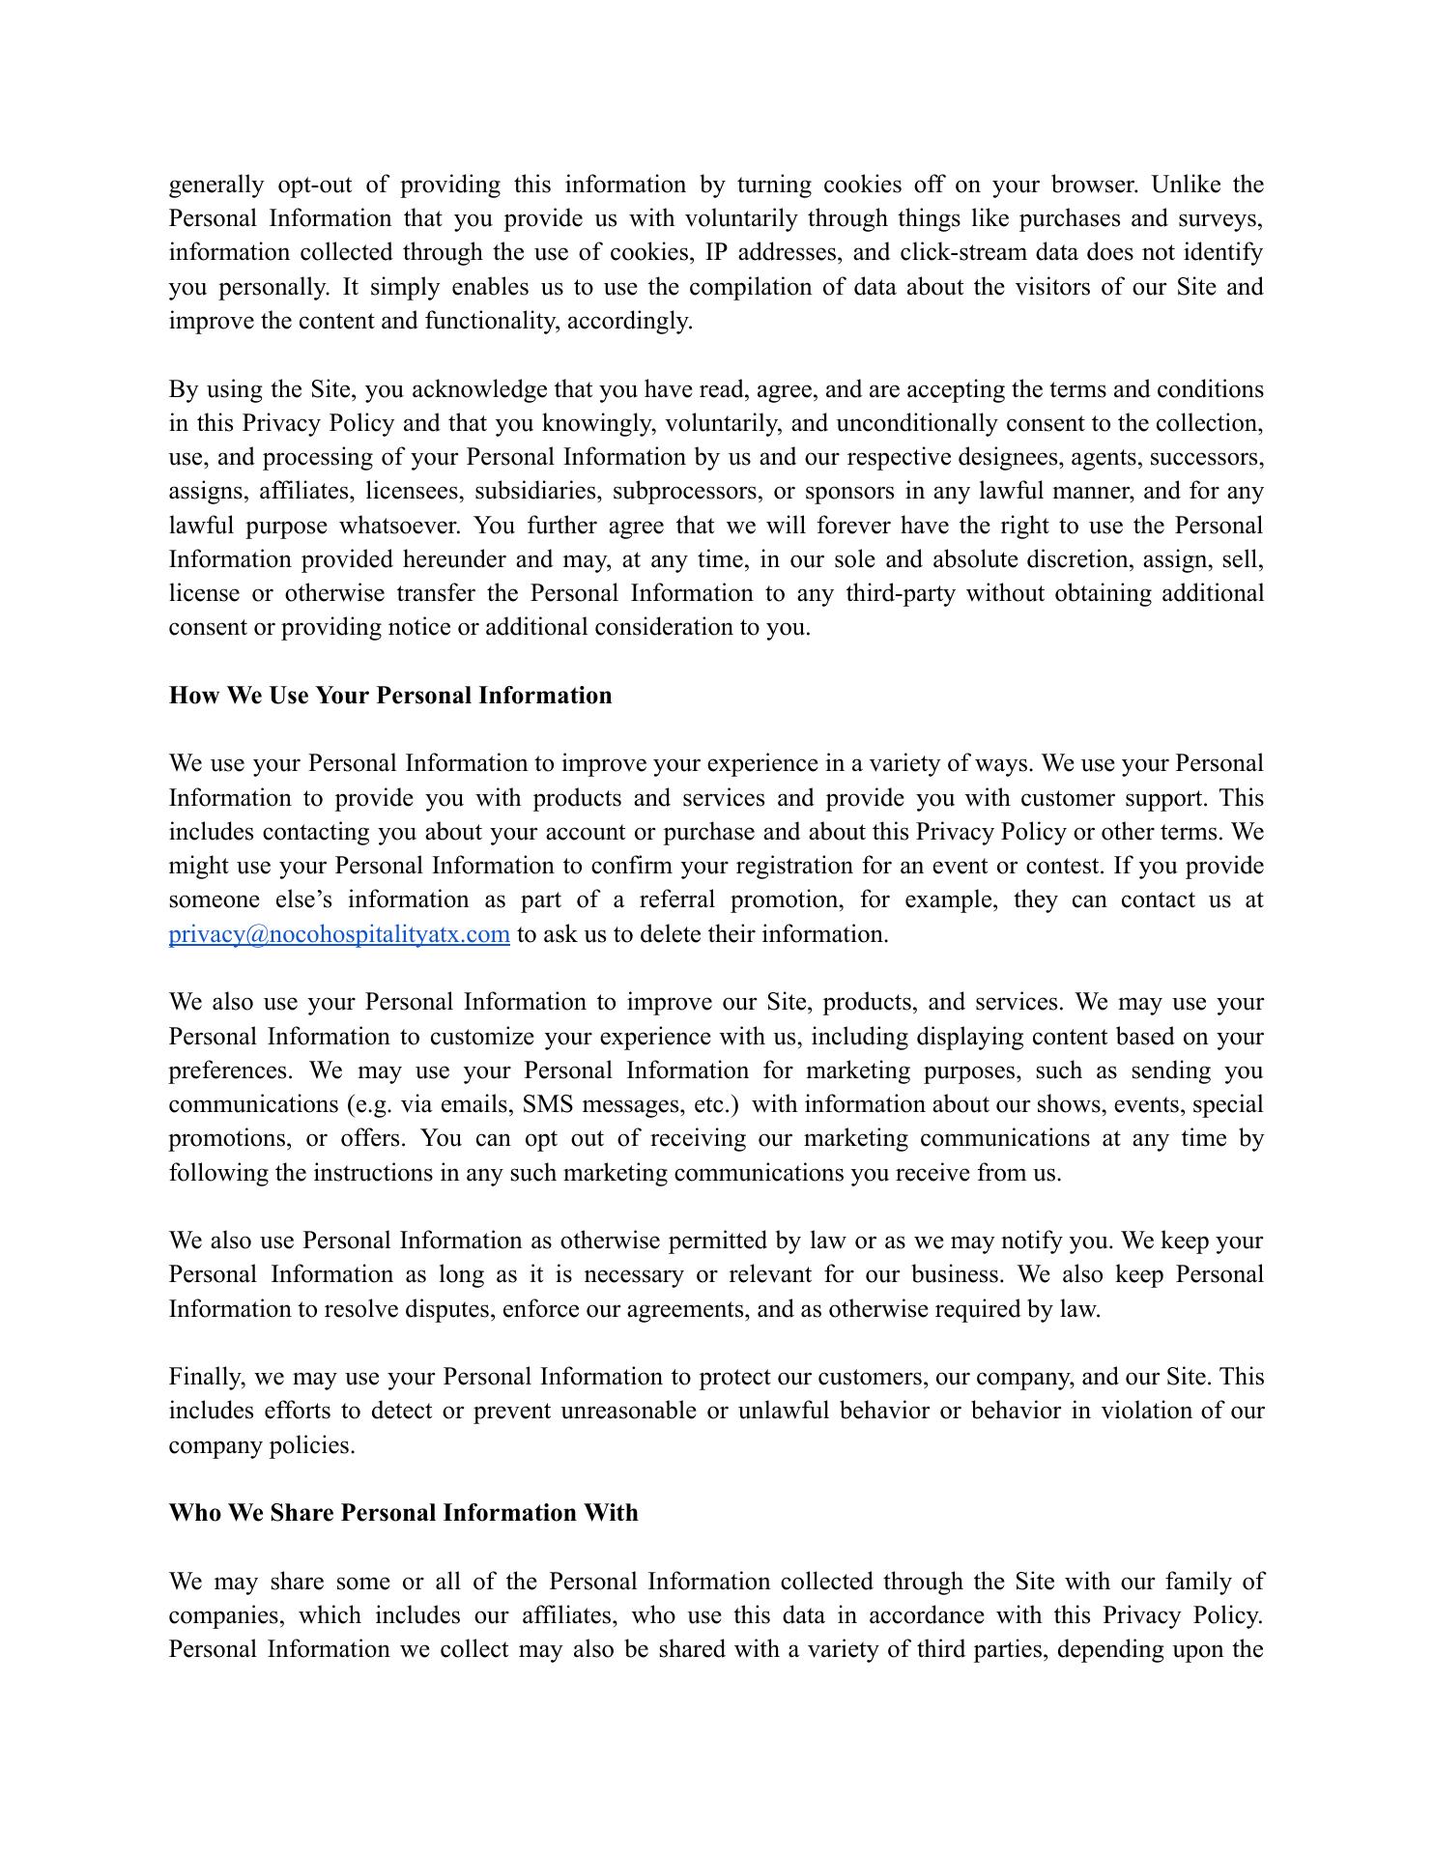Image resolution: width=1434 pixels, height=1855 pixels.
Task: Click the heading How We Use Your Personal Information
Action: (389, 696)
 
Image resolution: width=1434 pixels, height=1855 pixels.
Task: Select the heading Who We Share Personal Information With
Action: (403, 1513)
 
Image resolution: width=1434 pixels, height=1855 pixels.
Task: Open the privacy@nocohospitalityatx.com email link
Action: (339, 935)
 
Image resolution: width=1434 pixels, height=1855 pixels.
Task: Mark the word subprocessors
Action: (686, 492)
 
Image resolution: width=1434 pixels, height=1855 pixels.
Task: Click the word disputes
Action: (450, 1310)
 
